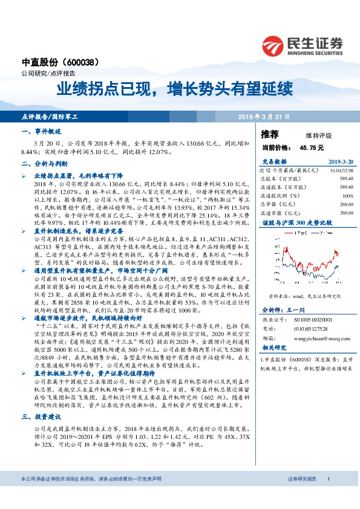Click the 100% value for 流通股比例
(x=347, y=196)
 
